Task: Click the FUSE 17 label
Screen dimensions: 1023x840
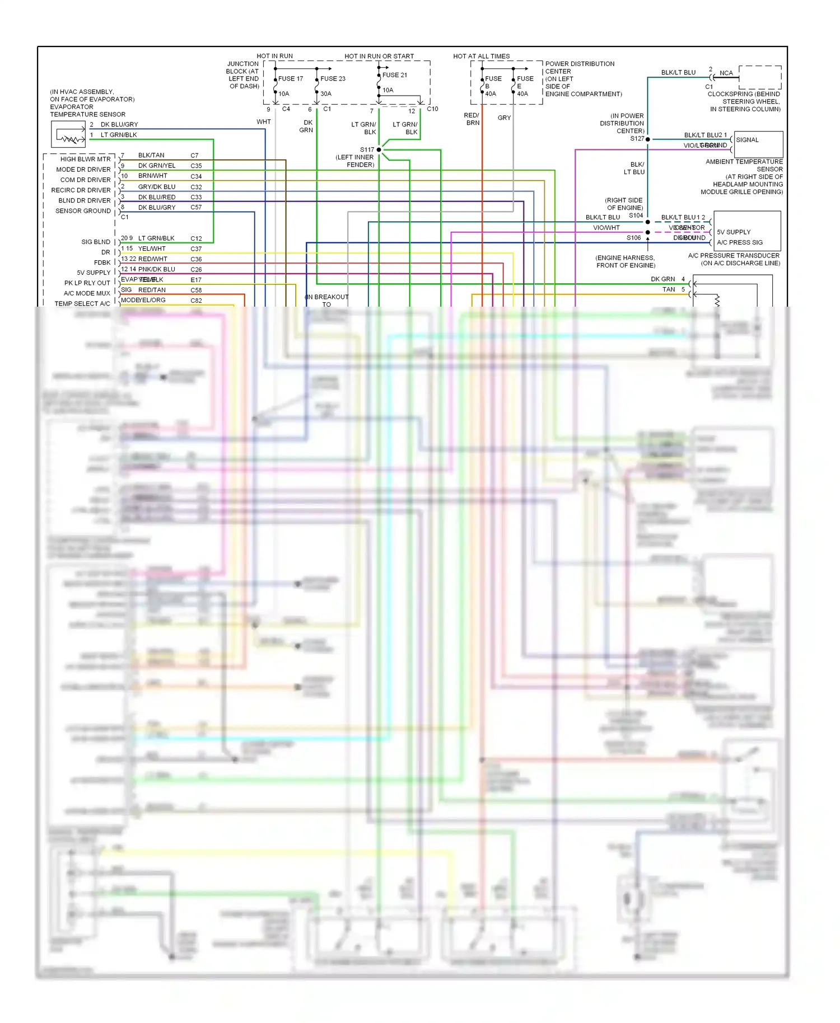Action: click(x=291, y=79)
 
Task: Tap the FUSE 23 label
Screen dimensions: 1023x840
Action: click(x=333, y=79)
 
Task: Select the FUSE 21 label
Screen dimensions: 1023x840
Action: click(x=395, y=75)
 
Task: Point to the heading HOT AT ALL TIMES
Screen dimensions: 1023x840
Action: click(x=481, y=57)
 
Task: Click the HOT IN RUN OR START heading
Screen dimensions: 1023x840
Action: click(x=379, y=57)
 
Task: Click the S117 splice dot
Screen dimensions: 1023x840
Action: click(x=379, y=150)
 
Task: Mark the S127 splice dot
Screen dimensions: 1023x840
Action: click(x=648, y=139)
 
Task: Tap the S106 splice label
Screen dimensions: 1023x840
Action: click(x=633, y=238)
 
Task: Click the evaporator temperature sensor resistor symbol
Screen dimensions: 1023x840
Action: click(x=70, y=138)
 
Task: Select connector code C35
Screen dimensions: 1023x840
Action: click(x=196, y=166)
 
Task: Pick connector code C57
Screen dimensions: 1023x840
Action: click(x=196, y=208)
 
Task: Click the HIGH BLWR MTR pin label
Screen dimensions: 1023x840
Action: click(x=85, y=159)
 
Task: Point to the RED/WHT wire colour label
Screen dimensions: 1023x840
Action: click(x=152, y=259)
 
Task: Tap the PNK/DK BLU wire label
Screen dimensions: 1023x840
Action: click(x=156, y=269)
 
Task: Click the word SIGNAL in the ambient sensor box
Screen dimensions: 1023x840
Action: click(x=747, y=140)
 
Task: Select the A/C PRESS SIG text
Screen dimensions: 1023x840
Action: click(x=739, y=243)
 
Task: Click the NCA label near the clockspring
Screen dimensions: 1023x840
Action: click(x=726, y=73)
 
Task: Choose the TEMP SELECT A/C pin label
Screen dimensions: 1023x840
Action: click(x=82, y=304)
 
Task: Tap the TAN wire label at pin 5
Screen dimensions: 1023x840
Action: click(x=669, y=290)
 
